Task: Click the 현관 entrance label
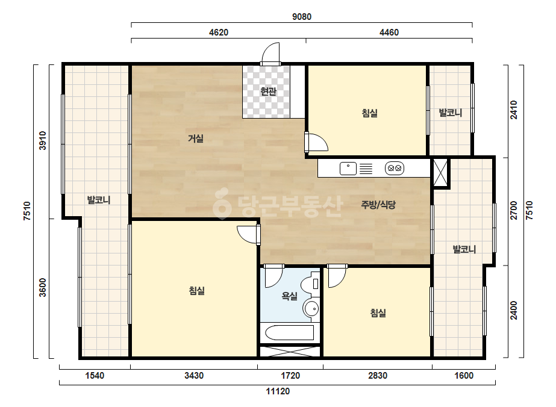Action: point(268,92)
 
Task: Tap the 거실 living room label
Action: point(196,138)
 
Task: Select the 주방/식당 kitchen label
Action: point(378,205)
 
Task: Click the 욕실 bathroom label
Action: point(289,296)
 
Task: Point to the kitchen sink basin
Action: point(348,169)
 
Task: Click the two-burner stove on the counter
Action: point(395,168)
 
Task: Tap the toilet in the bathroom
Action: point(311,283)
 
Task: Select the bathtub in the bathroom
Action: point(290,332)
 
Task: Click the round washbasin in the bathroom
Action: point(311,308)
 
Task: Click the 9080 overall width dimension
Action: point(302,17)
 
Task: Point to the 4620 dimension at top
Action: point(219,33)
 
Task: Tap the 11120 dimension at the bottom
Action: point(278,391)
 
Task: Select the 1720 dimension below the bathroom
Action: point(290,376)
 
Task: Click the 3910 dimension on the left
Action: point(43,141)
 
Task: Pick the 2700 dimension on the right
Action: point(514,210)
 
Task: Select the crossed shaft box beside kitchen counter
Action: point(440,173)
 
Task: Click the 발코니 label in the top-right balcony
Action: point(451,113)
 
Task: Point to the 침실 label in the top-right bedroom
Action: point(369,113)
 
